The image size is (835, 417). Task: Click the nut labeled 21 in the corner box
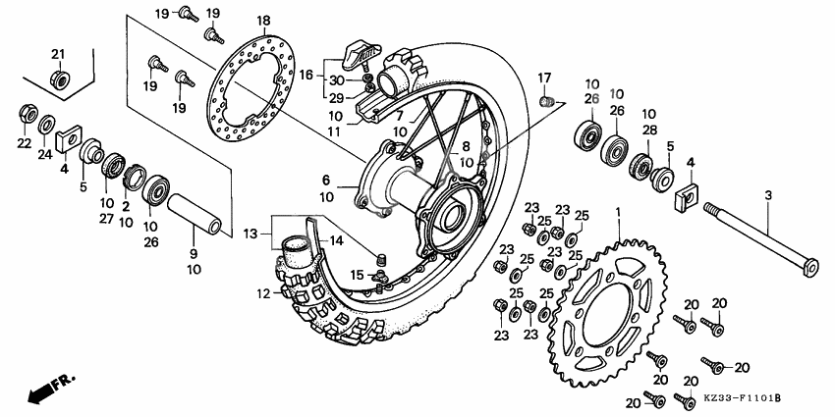pyautogui.click(x=59, y=78)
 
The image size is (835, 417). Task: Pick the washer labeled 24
pyautogui.click(x=46, y=126)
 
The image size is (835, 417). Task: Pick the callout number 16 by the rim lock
pyautogui.click(x=306, y=75)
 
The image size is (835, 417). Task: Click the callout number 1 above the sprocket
pyautogui.click(x=618, y=212)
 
